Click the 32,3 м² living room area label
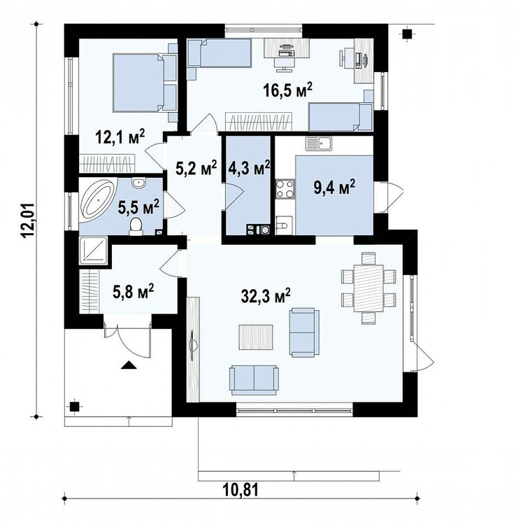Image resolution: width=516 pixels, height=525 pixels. [266, 295]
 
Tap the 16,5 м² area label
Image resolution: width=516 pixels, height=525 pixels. [287, 90]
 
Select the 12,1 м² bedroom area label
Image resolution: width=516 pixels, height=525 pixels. [120, 136]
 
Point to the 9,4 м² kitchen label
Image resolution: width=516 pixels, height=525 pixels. [334, 188]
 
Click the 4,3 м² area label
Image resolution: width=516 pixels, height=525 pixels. [249, 169]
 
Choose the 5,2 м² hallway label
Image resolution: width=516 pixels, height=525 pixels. [196, 169]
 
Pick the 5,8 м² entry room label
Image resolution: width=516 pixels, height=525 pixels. [134, 291]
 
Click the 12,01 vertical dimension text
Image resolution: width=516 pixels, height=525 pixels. [29, 220]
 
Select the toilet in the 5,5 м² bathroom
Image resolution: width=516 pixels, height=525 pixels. [136, 226]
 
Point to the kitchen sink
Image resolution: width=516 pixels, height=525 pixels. [318, 144]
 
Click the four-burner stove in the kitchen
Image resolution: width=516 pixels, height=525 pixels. [285, 189]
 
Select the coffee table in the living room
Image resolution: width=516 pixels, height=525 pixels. [257, 337]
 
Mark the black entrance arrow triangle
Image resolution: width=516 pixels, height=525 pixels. [129, 365]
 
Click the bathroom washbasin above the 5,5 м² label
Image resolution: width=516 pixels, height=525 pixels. [138, 183]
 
